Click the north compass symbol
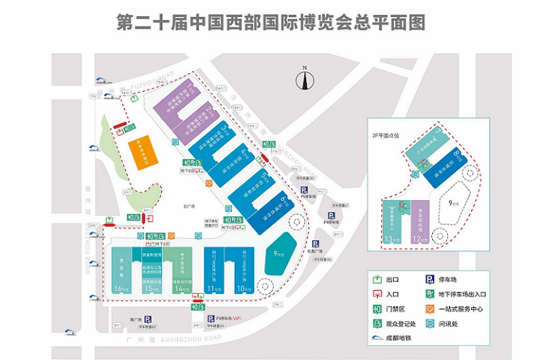click(304, 79)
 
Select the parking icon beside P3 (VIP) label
click(148, 319)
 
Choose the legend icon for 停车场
click(430, 280)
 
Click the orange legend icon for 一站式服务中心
click(430, 309)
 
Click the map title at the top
click(270, 22)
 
